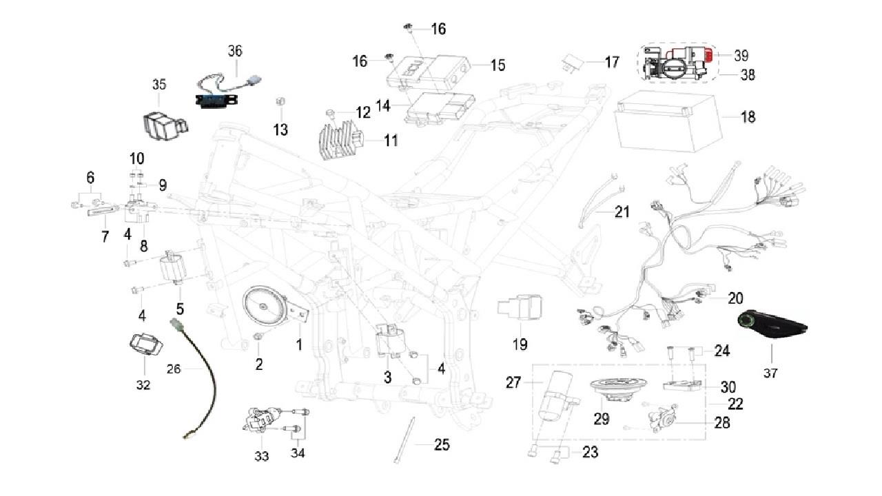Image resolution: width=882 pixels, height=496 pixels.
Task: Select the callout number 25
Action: pos(441,445)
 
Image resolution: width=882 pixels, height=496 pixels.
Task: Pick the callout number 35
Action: pos(159,85)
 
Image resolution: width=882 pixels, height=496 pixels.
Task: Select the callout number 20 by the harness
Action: pos(735,298)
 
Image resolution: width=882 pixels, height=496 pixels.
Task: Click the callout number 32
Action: pos(143,385)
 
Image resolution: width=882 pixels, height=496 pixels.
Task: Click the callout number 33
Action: pos(261,456)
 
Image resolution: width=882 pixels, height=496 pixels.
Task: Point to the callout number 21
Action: pos(622,212)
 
